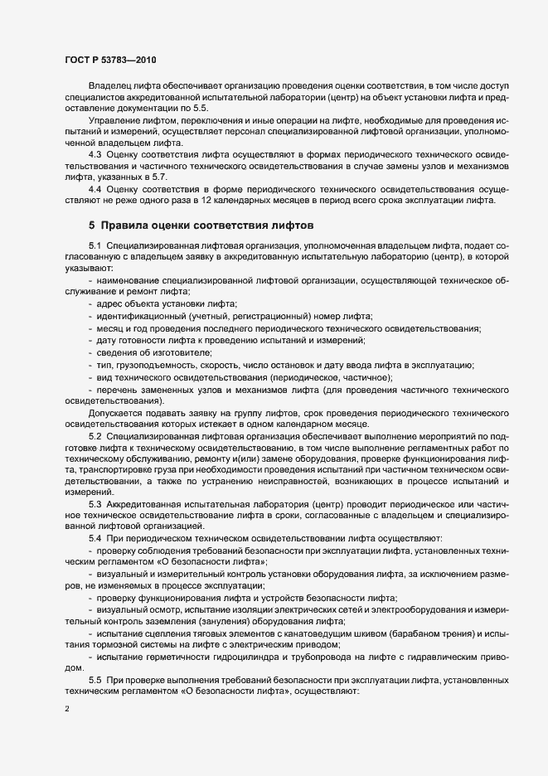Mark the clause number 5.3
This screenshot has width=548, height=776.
click(95, 503)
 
